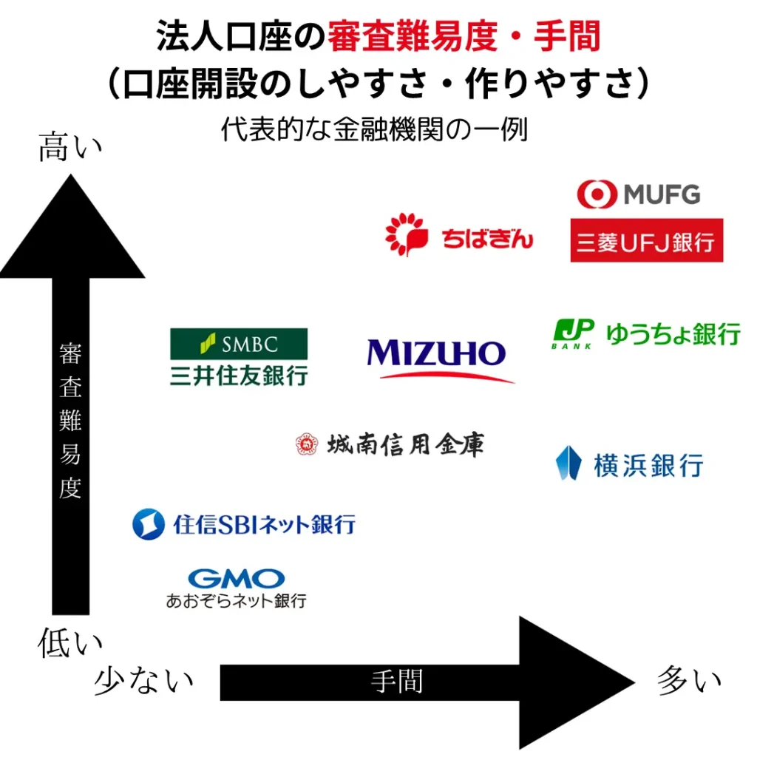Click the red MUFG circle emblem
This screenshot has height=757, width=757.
tap(597, 194)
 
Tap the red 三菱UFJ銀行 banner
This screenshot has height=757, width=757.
tap(646, 240)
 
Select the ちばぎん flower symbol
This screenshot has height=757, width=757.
tap(407, 234)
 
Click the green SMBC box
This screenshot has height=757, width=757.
tap(239, 344)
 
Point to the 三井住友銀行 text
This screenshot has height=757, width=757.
tap(239, 376)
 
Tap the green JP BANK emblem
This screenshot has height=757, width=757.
tap(573, 333)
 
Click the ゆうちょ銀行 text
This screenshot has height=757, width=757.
tap(673, 333)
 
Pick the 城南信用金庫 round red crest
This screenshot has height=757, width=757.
tap(307, 444)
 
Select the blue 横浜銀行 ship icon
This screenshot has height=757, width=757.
tap(568, 463)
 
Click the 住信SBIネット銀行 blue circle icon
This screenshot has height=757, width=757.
tap(148, 524)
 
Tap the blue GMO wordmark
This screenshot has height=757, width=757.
tap(236, 579)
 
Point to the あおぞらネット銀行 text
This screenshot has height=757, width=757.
tap(236, 601)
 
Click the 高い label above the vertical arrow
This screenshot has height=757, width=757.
tap(70, 147)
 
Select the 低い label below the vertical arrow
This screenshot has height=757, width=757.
tap(70, 642)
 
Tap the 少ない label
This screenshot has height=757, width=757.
tap(144, 680)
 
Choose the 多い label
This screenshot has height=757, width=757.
tap(689, 680)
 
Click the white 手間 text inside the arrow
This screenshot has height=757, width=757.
tap(397, 682)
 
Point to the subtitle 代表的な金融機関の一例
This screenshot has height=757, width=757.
tap(374, 129)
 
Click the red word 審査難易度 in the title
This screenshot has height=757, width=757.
tap(413, 36)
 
